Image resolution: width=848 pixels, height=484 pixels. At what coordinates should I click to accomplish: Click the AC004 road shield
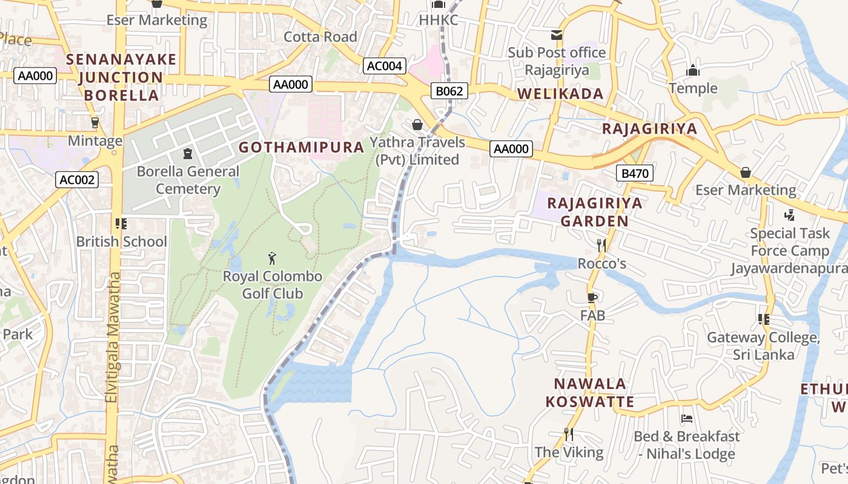385,66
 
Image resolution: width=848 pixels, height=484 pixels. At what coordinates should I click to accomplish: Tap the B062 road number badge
450,91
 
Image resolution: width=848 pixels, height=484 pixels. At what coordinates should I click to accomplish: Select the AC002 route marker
77,180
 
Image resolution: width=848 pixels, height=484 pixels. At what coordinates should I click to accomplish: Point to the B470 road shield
635,174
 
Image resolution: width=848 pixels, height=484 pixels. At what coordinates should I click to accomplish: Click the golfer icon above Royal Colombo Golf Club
272,259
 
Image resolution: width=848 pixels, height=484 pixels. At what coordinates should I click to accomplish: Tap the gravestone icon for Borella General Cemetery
188,154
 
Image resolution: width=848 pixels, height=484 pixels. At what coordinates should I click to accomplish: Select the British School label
121,241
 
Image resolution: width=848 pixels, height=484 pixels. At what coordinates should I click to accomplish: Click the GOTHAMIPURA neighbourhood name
301,147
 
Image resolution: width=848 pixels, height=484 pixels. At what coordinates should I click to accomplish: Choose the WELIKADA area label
560,94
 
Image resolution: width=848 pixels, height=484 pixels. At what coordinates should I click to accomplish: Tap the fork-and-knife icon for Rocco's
601,245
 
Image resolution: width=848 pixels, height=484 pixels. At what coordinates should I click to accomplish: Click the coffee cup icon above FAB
592,298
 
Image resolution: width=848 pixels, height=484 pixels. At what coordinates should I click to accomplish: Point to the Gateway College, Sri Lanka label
763,345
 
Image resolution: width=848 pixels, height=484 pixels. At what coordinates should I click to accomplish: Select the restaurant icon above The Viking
568,434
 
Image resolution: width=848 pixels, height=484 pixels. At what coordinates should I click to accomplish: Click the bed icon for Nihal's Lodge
687,418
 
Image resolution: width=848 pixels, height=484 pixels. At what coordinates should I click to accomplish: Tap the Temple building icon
693,71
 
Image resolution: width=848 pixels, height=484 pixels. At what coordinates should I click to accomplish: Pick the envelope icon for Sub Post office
556,35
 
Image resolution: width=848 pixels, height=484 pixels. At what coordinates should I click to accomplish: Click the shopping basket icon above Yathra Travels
417,125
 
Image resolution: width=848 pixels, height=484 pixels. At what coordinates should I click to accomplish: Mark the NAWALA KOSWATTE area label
589,393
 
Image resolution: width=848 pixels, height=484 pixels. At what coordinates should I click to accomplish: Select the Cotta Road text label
320,37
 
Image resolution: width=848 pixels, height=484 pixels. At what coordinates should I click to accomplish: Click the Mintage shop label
95,141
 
